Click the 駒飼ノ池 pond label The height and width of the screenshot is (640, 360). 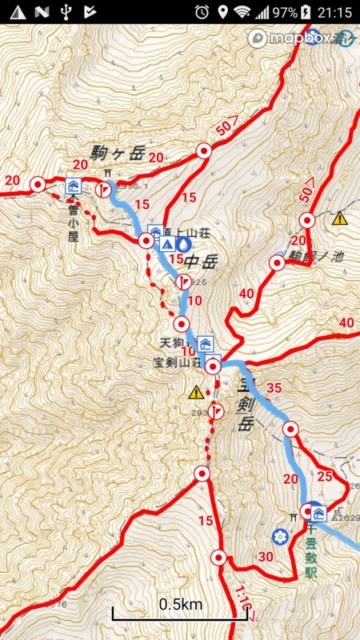coord(318,258)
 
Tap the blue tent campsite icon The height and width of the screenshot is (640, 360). coord(168,244)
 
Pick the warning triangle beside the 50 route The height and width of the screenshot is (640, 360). coord(340,218)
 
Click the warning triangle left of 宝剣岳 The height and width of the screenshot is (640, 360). coord(196,392)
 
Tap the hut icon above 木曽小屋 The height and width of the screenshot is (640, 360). coord(73,186)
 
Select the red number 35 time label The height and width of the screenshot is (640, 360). coord(274,388)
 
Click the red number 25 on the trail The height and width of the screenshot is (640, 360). coord(324,477)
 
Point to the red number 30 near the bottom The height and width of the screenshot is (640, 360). coord(266,558)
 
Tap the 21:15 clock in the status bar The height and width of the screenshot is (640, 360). coord(334,12)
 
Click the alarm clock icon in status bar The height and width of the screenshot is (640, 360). coord(202,12)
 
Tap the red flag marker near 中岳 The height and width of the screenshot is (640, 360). coord(183,282)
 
